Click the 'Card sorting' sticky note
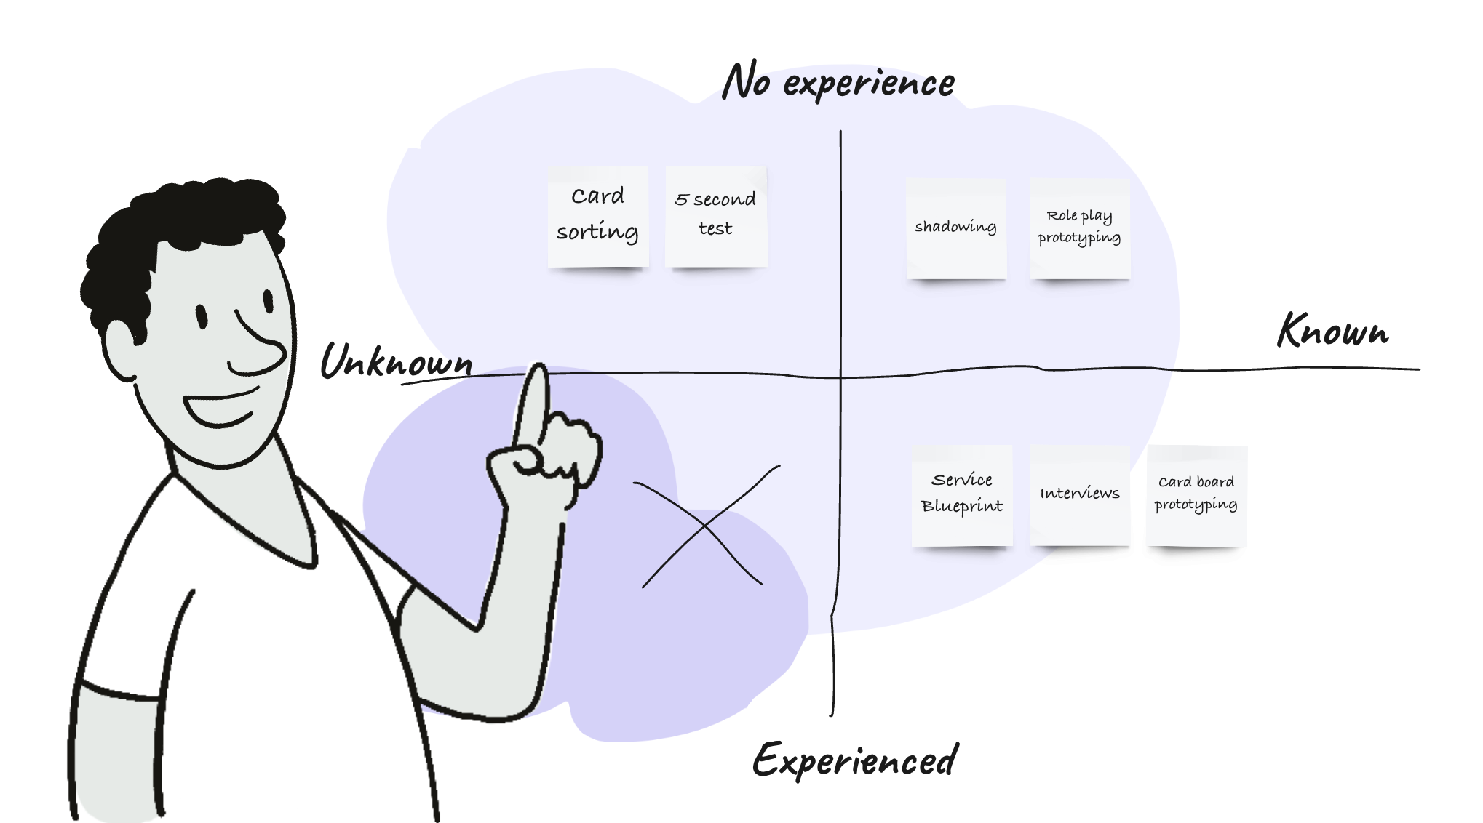[x=598, y=216]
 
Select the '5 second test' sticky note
[x=715, y=216]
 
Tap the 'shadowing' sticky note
[x=955, y=228]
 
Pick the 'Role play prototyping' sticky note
[x=1080, y=228]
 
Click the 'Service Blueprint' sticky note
[x=962, y=494]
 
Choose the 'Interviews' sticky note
[x=1080, y=494]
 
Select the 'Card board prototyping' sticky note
[x=1196, y=494]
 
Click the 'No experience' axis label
[x=838, y=82]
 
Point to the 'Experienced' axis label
[x=856, y=760]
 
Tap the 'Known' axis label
[x=1333, y=332]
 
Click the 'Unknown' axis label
[x=397, y=361]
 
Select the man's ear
[x=120, y=349]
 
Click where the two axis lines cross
[x=840, y=377]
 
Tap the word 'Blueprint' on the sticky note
[x=962, y=506]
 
